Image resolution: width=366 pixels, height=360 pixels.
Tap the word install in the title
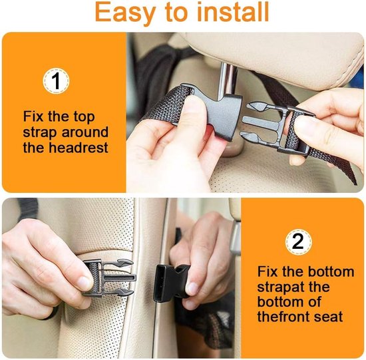pos(233,12)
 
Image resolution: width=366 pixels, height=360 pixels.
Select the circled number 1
pos(56,81)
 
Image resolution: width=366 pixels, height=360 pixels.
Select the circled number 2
pos(298,242)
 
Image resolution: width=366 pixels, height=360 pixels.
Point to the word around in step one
pos(85,132)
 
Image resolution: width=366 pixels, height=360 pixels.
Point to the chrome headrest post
pos(226,80)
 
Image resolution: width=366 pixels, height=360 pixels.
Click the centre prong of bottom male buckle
pos(120,278)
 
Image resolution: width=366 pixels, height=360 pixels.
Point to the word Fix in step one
pos(33,116)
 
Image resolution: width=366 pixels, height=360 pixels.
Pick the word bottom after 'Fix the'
pos(331,272)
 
